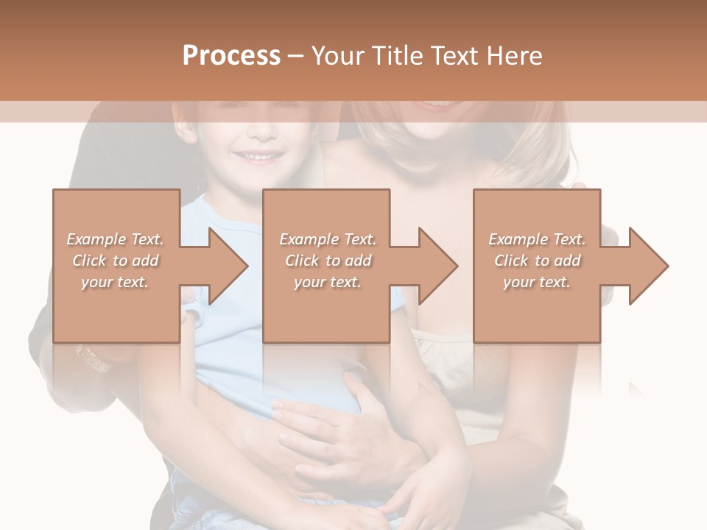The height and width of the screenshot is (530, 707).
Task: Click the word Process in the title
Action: (x=231, y=56)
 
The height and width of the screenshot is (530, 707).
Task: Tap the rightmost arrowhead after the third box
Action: (x=647, y=266)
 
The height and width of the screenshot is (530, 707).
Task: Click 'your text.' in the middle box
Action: (x=327, y=282)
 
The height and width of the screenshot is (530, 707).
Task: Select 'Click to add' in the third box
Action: (x=537, y=261)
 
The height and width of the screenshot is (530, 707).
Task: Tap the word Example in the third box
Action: (x=518, y=239)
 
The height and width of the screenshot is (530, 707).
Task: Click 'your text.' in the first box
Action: (x=115, y=282)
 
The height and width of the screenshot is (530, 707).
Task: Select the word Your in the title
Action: (x=337, y=56)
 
